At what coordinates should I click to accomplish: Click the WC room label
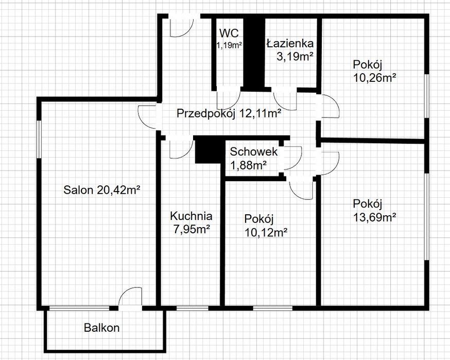click(x=229, y=33)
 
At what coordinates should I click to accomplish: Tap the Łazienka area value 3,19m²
click(x=295, y=57)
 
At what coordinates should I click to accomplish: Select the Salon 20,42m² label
click(x=101, y=190)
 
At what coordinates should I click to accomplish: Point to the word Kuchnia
click(x=191, y=216)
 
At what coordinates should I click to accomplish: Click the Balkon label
click(x=101, y=328)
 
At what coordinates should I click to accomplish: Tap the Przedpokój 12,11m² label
click(x=229, y=113)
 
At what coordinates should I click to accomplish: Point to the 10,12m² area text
click(x=266, y=232)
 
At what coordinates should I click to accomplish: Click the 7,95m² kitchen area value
click(x=192, y=229)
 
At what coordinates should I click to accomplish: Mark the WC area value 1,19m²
click(x=229, y=45)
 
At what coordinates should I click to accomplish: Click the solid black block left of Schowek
click(x=208, y=151)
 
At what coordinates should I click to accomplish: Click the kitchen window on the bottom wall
click(x=192, y=308)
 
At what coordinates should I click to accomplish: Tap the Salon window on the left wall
click(x=39, y=139)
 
